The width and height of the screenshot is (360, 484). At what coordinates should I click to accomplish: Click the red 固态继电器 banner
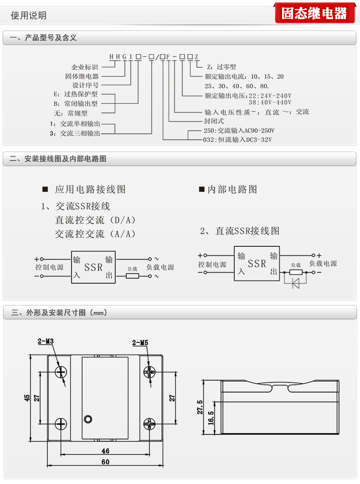[314, 13]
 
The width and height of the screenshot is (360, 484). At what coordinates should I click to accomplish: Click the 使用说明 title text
[29, 15]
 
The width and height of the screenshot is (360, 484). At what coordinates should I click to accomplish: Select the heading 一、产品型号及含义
[43, 38]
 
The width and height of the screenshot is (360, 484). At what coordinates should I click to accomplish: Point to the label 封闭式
[214, 121]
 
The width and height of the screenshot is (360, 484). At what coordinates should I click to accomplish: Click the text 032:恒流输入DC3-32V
[237, 139]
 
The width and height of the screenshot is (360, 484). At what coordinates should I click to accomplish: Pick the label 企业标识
[84, 67]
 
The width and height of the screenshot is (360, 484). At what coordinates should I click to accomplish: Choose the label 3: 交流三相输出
[75, 133]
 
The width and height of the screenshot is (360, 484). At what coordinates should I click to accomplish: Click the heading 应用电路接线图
[90, 189]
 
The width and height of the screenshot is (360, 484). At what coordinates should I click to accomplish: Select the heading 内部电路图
[232, 189]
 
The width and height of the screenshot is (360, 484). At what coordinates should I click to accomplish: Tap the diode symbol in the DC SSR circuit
[296, 284]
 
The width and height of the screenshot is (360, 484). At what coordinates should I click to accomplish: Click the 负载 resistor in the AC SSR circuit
[132, 275]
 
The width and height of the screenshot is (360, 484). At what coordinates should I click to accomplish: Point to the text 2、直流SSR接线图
[240, 230]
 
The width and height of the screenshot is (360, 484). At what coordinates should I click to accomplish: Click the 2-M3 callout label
[46, 341]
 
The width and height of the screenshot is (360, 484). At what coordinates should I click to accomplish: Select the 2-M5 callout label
[140, 343]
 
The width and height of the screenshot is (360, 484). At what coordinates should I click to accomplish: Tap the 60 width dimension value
[105, 462]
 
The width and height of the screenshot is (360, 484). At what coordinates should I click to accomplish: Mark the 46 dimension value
[105, 451]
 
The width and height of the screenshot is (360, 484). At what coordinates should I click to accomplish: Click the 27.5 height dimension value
[200, 407]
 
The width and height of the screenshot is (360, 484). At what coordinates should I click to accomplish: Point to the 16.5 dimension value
[211, 418]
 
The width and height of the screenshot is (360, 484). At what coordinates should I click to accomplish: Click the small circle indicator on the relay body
[88, 419]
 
